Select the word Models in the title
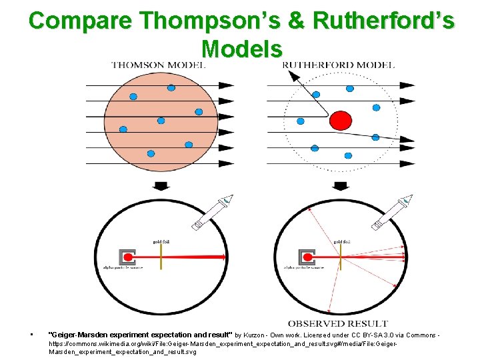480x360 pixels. (x=241, y=48)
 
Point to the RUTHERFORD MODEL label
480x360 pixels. (x=339, y=65)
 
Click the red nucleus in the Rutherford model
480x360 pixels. (x=341, y=121)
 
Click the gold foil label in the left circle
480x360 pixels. (x=161, y=241)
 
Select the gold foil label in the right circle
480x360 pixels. (x=342, y=241)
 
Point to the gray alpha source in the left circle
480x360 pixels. (x=127, y=257)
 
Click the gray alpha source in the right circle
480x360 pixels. (x=307, y=257)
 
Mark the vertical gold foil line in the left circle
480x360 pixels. (x=161, y=257)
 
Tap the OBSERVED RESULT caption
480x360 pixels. (x=337, y=324)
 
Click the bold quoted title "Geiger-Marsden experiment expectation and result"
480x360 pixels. (x=141, y=333)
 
